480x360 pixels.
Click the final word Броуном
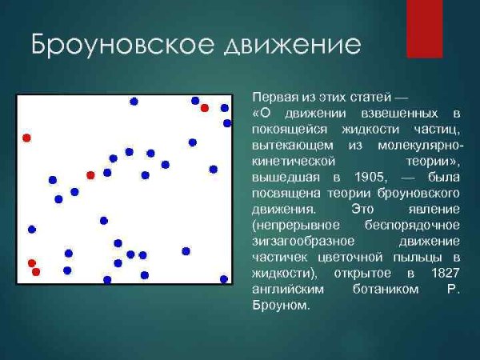click(x=279, y=306)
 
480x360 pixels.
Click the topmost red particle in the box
click(x=205, y=108)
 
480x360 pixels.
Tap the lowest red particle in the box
click(x=36, y=272)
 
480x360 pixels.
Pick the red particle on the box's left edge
click(x=26, y=138)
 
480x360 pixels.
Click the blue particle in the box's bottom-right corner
click(x=224, y=278)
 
